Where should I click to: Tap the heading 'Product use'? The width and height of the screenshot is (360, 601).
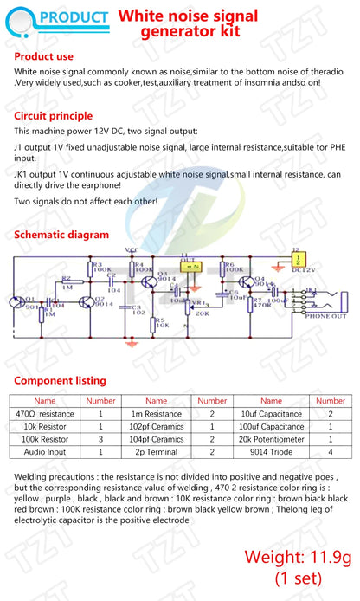coord(48,56)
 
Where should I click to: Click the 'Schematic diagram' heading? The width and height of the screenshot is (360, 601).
coord(62,235)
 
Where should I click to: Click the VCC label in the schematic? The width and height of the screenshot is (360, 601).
coord(132,249)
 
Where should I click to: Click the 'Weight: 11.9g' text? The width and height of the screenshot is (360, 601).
coord(297,557)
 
